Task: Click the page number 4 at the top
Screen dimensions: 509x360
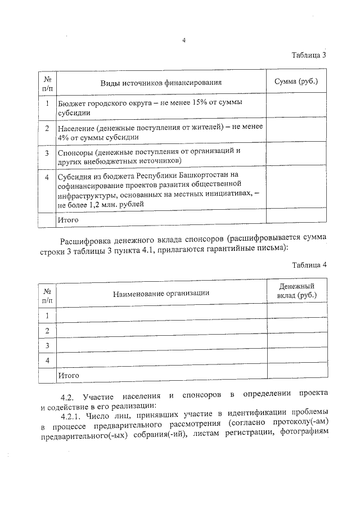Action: coord(184,40)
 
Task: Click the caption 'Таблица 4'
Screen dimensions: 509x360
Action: coord(309,264)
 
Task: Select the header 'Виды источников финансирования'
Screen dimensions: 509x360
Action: coord(161,82)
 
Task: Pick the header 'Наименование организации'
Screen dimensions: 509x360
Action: coord(161,293)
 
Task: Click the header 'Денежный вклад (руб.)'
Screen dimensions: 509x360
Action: coord(296,291)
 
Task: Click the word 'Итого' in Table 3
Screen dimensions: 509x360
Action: coord(67,220)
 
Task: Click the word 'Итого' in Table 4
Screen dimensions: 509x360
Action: coord(67,374)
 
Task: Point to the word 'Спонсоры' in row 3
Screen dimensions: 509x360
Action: coord(75,152)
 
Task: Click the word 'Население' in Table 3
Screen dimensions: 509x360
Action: coord(77,128)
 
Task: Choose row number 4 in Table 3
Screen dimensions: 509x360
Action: coord(47,177)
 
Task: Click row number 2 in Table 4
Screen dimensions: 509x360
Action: coord(47,330)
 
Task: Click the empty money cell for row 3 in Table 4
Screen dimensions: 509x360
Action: coord(296,345)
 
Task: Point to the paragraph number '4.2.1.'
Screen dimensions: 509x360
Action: coord(72,416)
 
